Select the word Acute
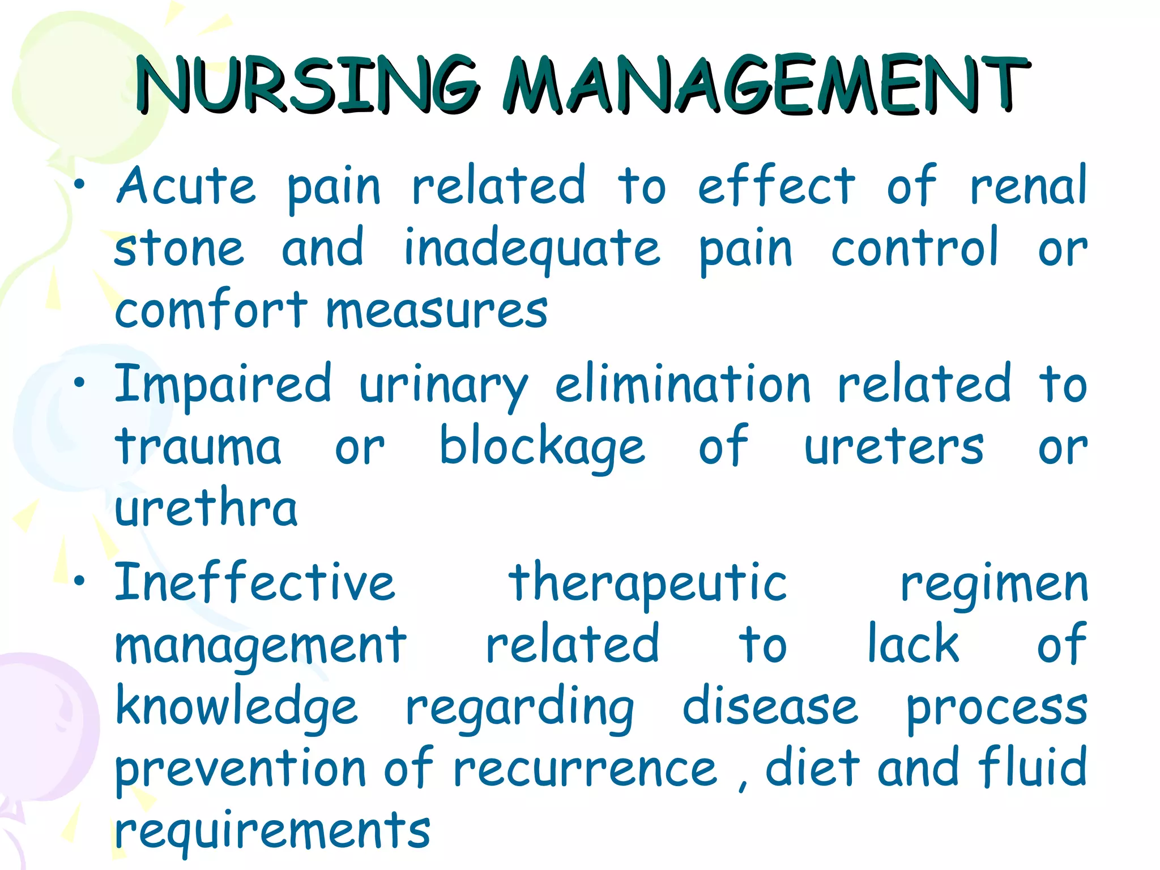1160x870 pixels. tap(186, 187)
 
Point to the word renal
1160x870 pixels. tap(1029, 187)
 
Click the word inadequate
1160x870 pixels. tap(532, 249)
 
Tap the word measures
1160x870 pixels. tap(437, 312)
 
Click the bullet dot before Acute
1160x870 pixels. tap(80, 185)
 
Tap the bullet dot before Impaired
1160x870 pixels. tap(80, 383)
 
